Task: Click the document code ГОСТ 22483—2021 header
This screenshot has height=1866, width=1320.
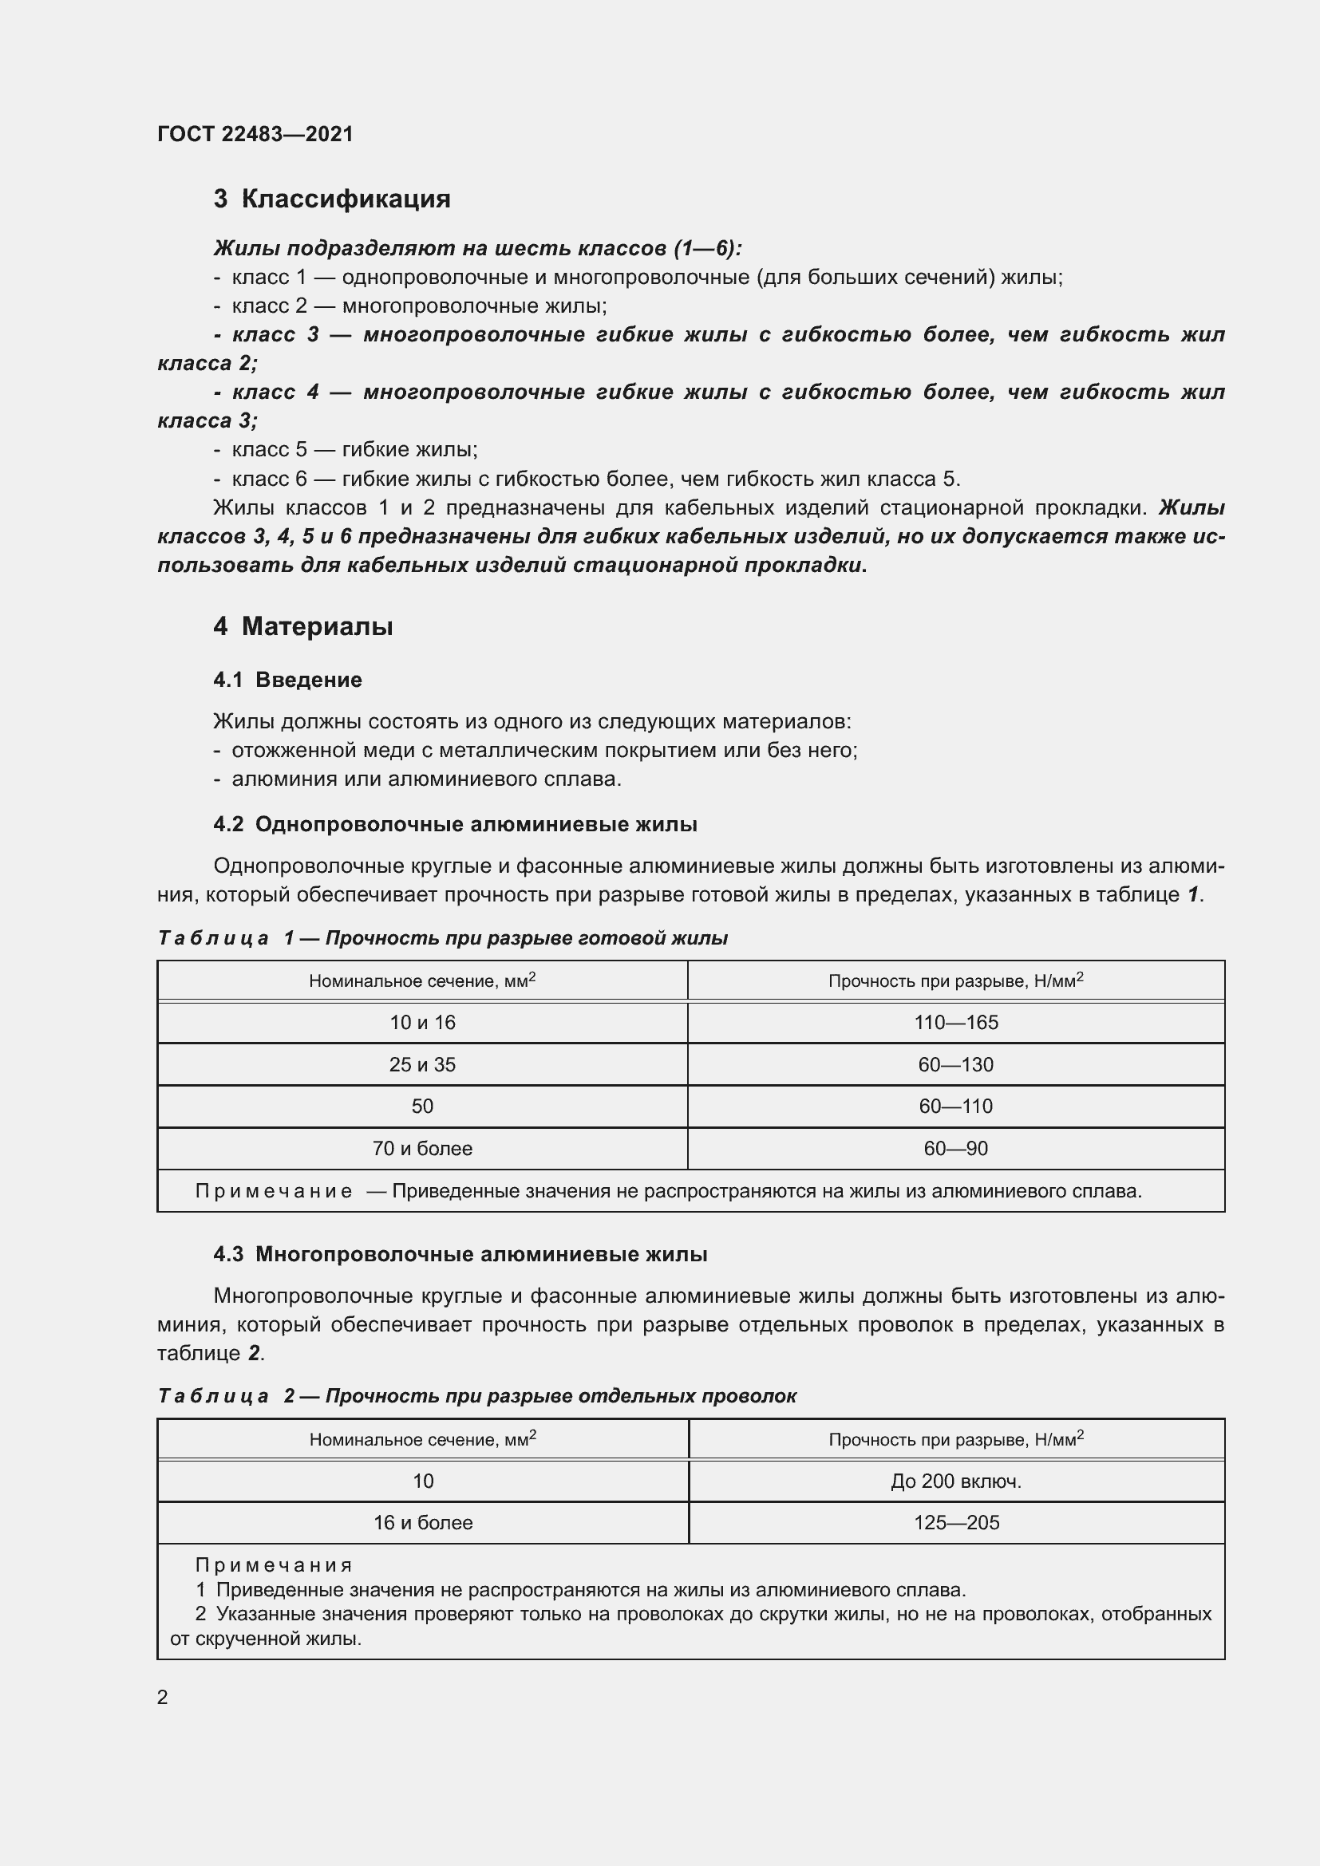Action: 255,134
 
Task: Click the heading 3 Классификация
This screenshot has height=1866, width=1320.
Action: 332,199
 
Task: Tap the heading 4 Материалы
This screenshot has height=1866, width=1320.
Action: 303,625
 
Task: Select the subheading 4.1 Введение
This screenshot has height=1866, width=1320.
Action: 288,680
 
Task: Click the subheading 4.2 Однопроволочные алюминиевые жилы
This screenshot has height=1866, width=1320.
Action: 455,824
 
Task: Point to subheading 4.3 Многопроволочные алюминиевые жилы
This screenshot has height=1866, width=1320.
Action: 460,1254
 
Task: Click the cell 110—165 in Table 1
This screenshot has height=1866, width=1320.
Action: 956,1023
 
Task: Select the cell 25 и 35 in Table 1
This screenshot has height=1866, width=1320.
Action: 422,1065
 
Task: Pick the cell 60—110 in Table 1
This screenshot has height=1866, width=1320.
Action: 956,1106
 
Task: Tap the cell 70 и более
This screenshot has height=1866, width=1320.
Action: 422,1148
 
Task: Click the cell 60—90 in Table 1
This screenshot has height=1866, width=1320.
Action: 956,1148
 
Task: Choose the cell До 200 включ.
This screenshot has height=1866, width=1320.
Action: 956,1481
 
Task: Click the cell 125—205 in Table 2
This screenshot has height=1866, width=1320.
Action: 956,1522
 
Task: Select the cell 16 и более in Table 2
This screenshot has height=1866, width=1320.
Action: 423,1522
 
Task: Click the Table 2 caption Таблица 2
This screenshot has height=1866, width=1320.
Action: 476,1396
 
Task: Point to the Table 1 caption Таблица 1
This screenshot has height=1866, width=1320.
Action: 442,938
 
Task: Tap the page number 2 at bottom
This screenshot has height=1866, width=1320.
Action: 163,1697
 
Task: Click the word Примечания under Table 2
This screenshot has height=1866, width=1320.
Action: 274,1565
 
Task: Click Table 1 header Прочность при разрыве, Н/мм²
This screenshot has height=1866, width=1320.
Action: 956,981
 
